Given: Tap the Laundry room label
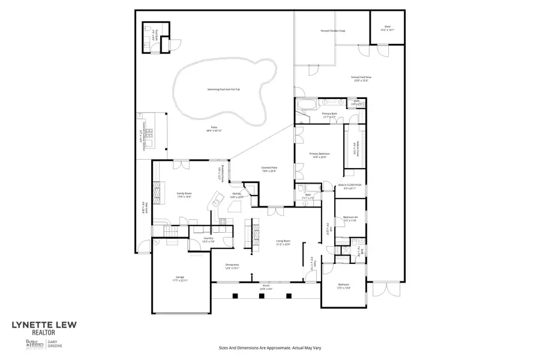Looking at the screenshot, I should click(x=208, y=239).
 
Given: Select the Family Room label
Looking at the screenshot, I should click(x=184, y=194).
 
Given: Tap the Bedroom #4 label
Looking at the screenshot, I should click(x=350, y=219).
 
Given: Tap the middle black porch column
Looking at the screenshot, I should click(x=262, y=295).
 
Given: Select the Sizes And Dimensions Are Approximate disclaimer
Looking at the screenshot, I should click(x=270, y=347).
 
